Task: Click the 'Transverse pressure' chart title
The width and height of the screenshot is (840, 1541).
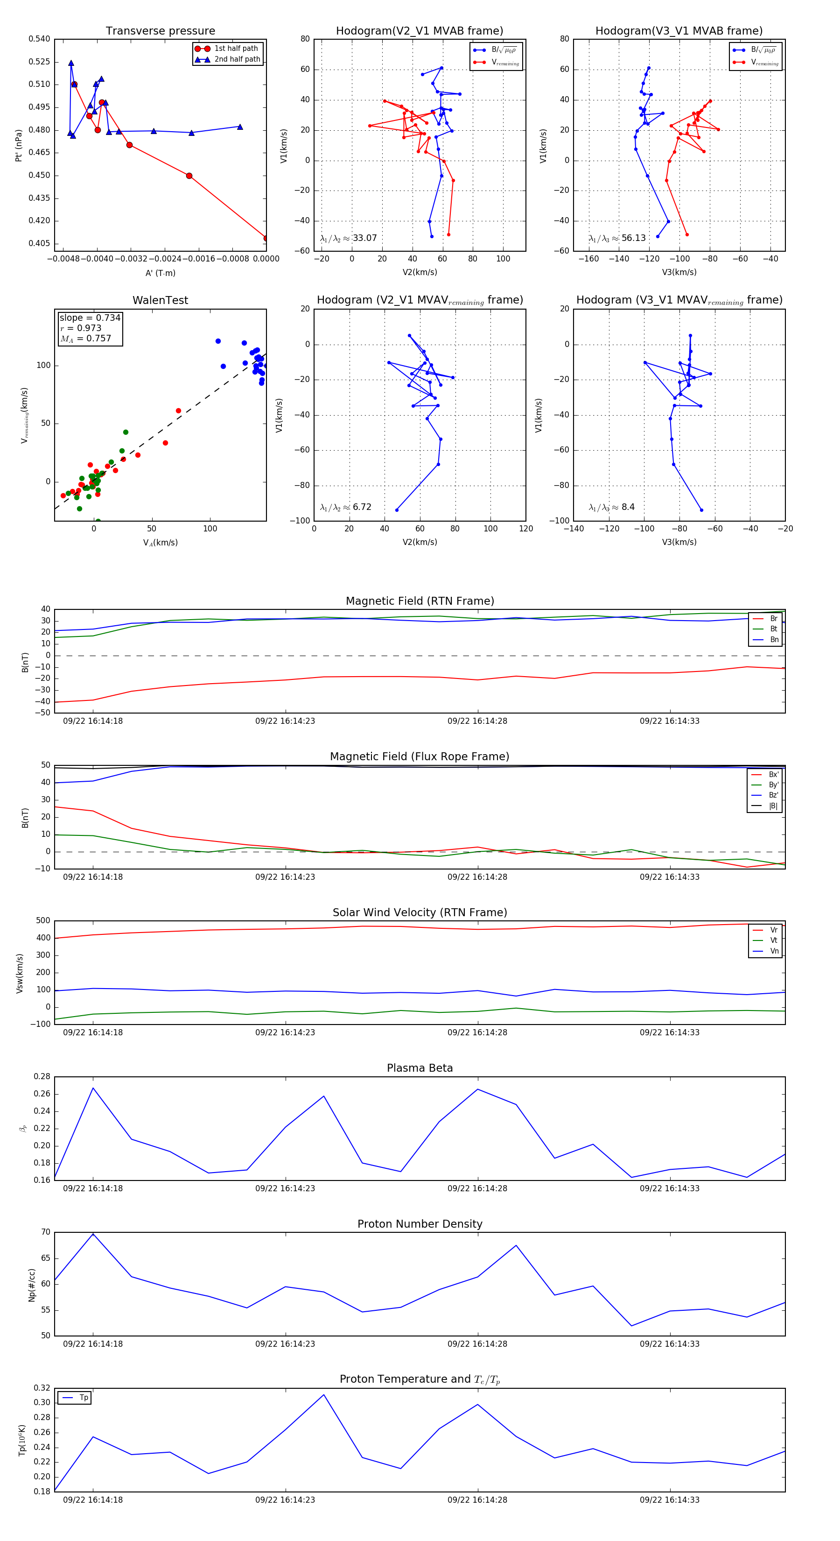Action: (x=160, y=31)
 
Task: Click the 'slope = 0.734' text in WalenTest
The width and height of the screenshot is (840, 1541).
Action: (x=90, y=318)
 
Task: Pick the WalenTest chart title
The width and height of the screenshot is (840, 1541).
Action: (x=160, y=300)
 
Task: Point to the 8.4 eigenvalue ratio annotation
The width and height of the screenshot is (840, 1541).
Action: (x=628, y=507)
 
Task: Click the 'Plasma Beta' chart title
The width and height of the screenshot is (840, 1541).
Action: (x=420, y=1068)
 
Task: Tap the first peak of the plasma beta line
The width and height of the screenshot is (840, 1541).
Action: (x=93, y=1088)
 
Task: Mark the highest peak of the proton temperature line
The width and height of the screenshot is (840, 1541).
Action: (x=324, y=1395)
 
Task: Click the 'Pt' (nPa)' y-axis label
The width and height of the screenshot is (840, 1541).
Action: (x=19, y=145)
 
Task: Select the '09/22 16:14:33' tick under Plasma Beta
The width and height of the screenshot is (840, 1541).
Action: (x=670, y=1188)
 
